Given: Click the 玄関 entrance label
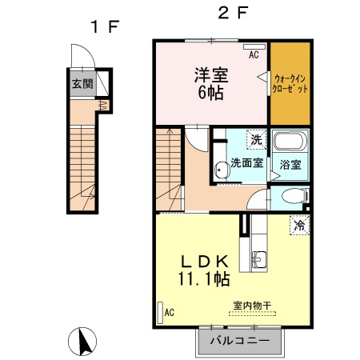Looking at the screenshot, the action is point(82,84).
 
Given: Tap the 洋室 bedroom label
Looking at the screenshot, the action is point(211,75).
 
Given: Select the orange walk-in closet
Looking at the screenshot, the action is point(290,83).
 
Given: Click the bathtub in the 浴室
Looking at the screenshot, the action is point(290,141).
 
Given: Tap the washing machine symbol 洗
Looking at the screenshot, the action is point(257,139).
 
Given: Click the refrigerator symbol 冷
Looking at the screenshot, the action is point(300,226).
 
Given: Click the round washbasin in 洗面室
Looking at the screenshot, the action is point(222,170).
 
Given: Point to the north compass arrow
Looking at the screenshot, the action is point(85,342).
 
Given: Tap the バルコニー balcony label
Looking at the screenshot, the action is point(240,341).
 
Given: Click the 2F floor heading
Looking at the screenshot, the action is point(233,13).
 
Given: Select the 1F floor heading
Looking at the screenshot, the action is point(105,26).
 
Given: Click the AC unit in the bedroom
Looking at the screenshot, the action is point(254,46).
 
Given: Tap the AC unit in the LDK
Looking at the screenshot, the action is point(160,313).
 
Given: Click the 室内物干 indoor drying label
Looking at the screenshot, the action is point(252,306).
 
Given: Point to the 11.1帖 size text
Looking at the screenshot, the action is point(204,278).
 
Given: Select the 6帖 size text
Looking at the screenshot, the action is point(210,93).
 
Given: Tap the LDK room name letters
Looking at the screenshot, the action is point(205,262).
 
